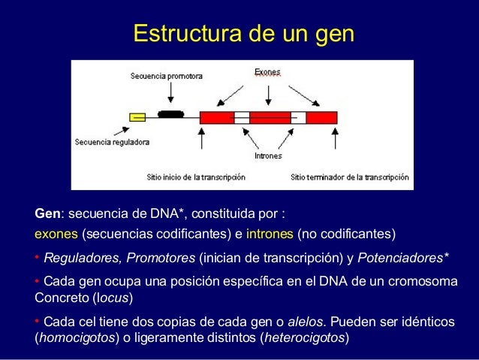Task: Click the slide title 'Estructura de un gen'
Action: (243, 34)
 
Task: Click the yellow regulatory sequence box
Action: (137, 116)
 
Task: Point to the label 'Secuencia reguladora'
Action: (112, 141)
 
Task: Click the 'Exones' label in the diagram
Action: (267, 73)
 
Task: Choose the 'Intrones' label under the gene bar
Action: (268, 156)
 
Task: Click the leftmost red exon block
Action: (218, 116)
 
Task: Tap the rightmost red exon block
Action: (321, 116)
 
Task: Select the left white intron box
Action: (242, 116)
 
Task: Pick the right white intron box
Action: (298, 116)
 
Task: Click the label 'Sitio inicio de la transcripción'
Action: (196, 177)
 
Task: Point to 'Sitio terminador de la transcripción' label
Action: (350, 177)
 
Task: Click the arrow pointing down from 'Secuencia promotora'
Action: (171, 92)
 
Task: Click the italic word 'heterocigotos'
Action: (303, 337)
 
